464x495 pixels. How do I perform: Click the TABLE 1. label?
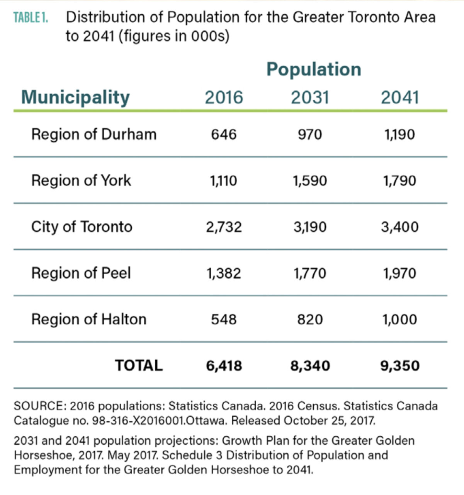[31, 18]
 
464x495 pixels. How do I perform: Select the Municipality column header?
[75, 97]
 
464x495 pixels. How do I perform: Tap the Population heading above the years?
[314, 70]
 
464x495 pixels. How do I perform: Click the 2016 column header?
[224, 97]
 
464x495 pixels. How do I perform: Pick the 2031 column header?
[310, 97]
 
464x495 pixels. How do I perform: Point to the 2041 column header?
[400, 97]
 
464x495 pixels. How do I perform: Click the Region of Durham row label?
[94, 135]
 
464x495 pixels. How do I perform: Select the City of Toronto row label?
[82, 227]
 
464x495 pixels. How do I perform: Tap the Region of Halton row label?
[89, 319]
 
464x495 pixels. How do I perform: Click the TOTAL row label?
[139, 365]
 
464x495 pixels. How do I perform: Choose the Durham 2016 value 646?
[224, 135]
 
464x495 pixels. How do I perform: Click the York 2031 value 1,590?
[310, 181]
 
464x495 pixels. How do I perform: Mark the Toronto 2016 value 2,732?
[224, 227]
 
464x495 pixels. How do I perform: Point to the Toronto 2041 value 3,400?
[400, 227]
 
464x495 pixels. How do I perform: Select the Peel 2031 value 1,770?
[310, 273]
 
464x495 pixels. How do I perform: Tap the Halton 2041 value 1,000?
[400, 319]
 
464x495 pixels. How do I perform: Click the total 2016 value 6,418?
[224, 365]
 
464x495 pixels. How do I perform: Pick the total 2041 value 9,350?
[400, 365]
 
